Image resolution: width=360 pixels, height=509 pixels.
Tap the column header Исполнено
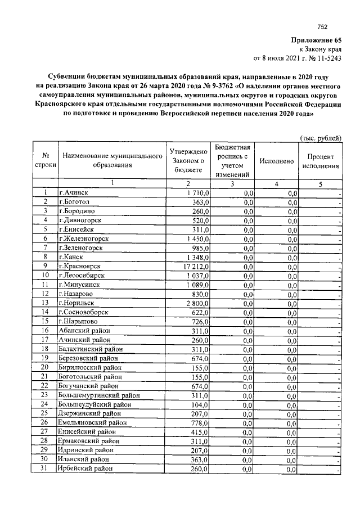click(277, 161)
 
